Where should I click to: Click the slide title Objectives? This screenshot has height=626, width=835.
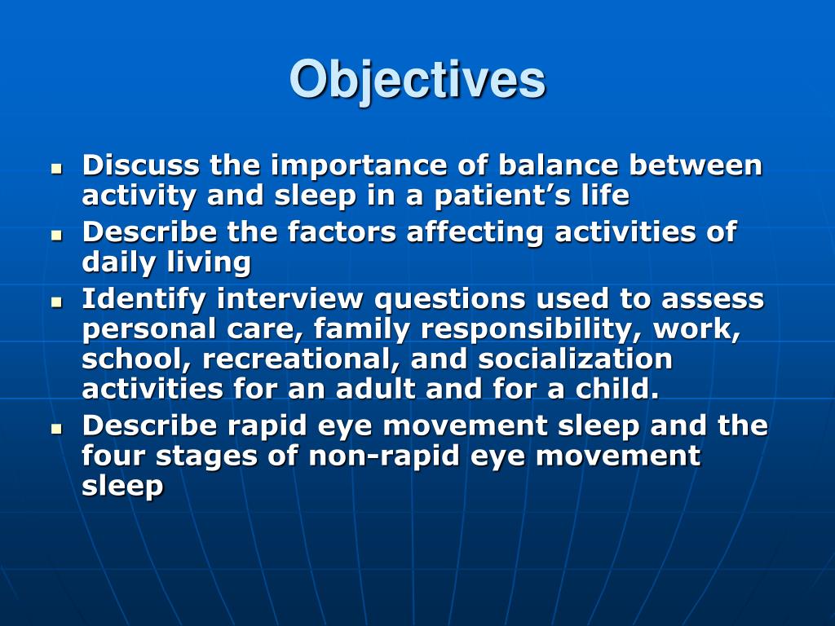point(417,80)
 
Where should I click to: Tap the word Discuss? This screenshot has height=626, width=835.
point(140,165)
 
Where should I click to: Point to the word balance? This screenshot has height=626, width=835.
point(558,165)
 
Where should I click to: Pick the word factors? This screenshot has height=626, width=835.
point(342,232)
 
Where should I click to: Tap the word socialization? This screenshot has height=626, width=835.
point(575,359)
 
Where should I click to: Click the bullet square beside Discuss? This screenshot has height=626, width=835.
point(56,169)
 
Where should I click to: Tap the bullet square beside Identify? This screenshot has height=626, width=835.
point(56,302)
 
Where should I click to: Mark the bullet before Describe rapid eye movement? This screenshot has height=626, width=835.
point(56,429)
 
